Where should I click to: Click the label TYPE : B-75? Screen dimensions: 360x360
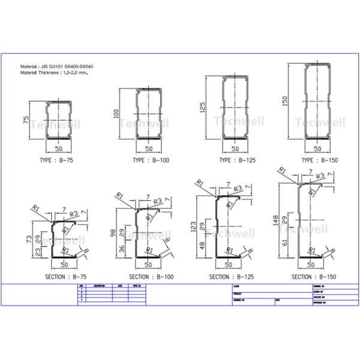click(x=59, y=160)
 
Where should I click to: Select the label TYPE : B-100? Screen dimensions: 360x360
click(x=148, y=161)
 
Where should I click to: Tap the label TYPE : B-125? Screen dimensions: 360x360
click(x=234, y=161)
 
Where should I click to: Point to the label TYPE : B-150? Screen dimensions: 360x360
click(x=317, y=160)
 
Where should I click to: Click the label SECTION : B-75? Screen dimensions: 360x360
click(x=65, y=277)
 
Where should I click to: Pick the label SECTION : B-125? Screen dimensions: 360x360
click(x=230, y=277)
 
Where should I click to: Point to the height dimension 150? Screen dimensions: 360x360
click(x=284, y=100)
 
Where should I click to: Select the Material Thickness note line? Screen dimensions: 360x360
click(x=58, y=72)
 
